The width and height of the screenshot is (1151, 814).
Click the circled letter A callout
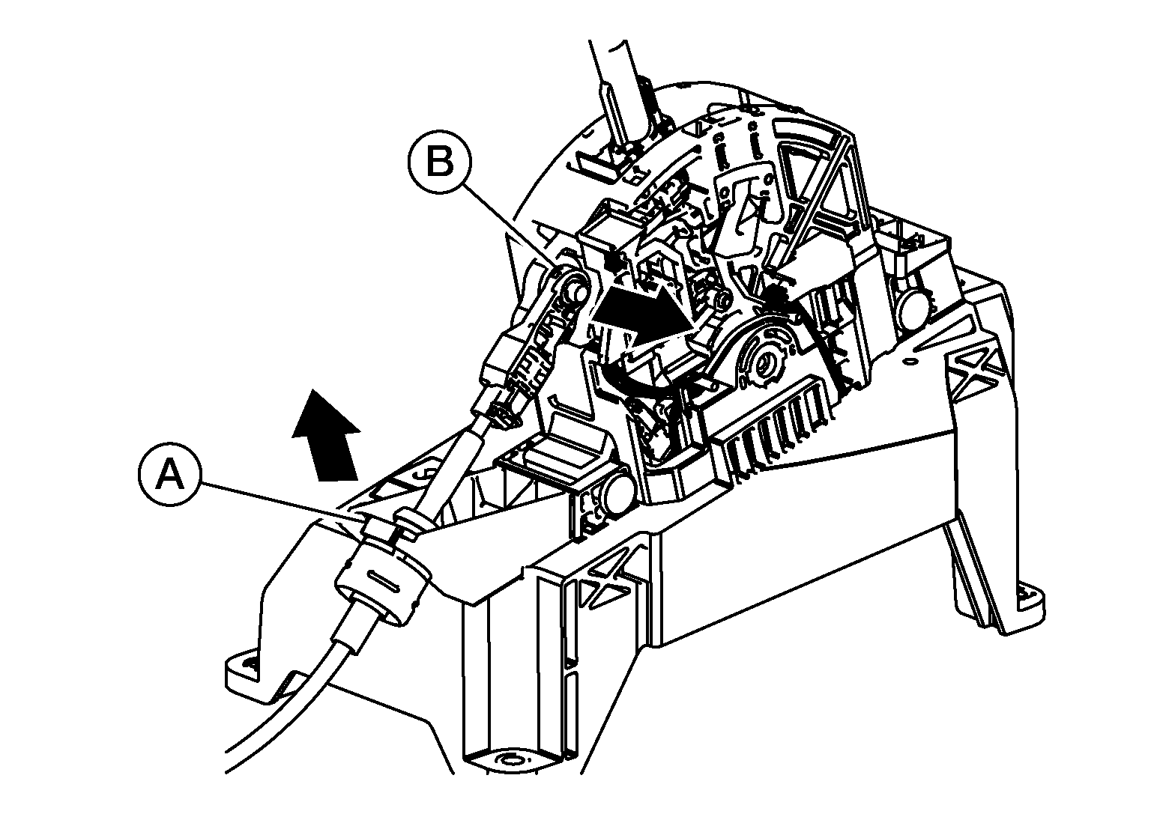[x=168, y=476]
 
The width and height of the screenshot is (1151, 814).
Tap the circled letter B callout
[x=439, y=163]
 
